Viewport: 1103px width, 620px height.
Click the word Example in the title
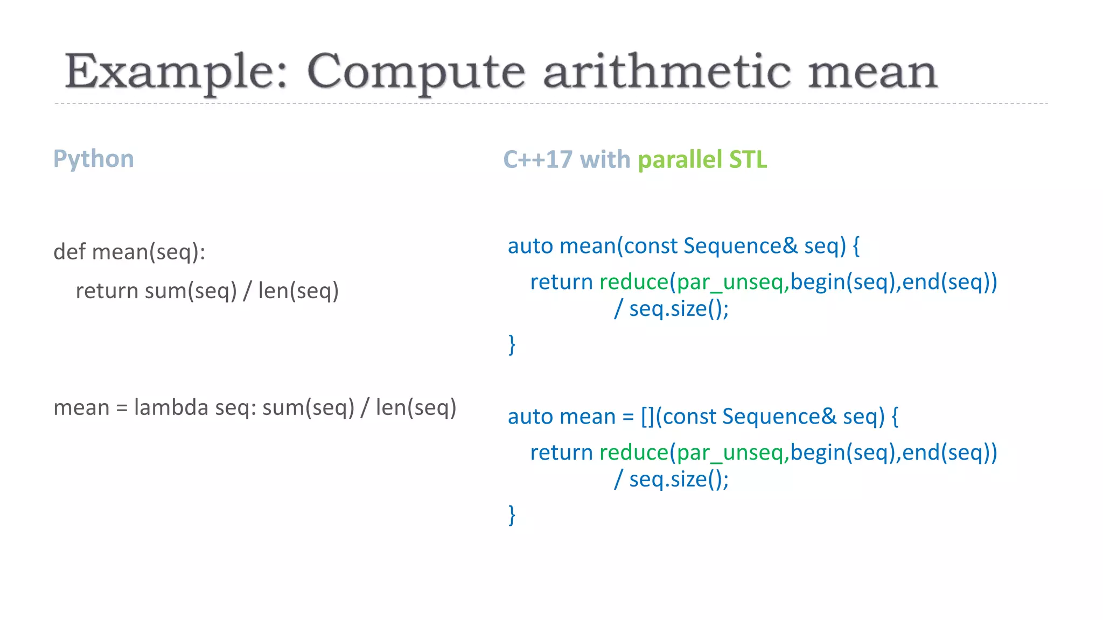pos(175,73)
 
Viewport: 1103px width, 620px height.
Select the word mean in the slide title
pos(872,73)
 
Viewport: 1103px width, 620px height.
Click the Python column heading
pos(94,159)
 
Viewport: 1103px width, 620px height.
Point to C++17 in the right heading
pos(537,159)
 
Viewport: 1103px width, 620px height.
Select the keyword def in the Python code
pos(69,251)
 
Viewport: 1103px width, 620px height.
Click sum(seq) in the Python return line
pos(191,291)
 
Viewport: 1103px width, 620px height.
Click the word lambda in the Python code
pos(171,407)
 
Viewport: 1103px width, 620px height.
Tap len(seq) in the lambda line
pos(416,407)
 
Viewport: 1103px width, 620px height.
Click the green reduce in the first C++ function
pos(634,282)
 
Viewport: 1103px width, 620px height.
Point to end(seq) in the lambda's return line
pos(945,453)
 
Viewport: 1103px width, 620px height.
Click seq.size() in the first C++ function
pos(678,309)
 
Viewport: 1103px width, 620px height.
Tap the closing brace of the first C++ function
pos(512,344)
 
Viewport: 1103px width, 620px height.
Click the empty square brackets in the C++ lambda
pos(647,417)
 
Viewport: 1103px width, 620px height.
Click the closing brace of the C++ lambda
pos(512,515)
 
